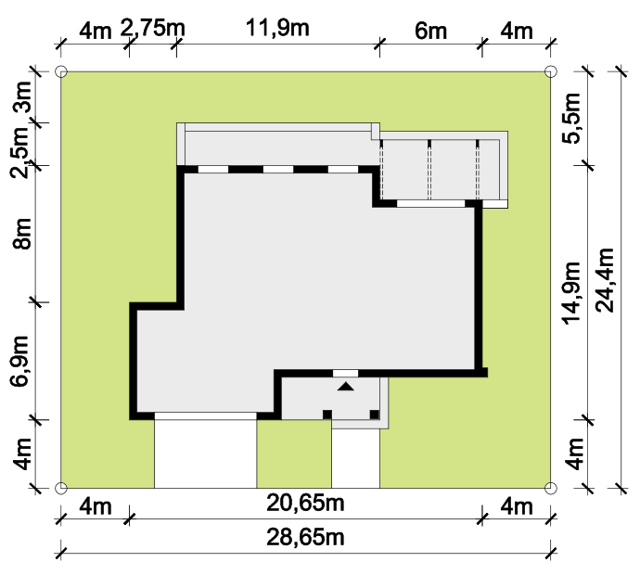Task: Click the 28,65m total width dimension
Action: point(305,537)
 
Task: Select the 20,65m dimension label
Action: point(305,503)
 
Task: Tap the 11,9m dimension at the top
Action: point(277,28)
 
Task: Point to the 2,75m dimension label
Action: point(153,28)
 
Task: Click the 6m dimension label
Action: point(430,31)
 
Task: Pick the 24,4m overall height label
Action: point(605,280)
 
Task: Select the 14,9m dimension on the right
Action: point(571,293)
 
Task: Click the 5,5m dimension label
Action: point(571,119)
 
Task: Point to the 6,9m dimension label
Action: point(20,361)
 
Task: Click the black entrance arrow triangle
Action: point(346,387)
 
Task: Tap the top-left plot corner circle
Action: point(61,71)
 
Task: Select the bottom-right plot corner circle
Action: point(551,488)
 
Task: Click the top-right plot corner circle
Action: point(551,71)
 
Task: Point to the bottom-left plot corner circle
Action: point(61,488)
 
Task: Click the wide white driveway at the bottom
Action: point(205,453)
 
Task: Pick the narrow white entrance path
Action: point(355,458)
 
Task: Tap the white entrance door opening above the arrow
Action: point(346,373)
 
